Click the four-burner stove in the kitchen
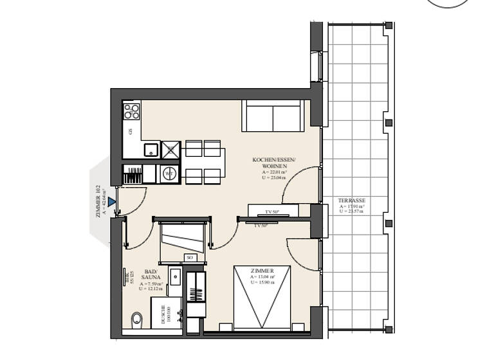131,111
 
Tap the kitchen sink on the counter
151,150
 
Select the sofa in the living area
273,116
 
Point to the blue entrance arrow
112,202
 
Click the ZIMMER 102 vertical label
98,202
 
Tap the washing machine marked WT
169,173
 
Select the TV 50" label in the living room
272,212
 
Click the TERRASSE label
352,201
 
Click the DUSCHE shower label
164,316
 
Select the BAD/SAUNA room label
151,275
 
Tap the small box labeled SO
190,258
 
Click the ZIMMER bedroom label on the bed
264,271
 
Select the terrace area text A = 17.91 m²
352,206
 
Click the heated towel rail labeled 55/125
124,277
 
